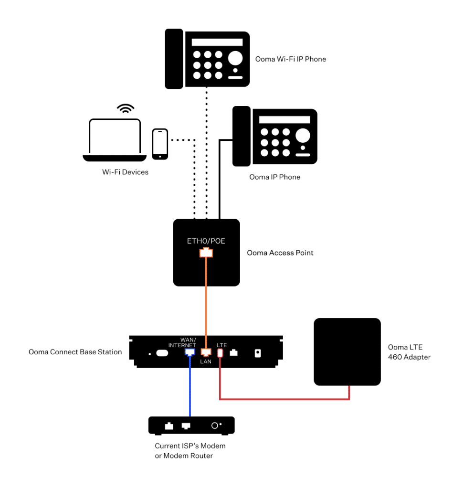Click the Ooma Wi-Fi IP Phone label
click(290, 59)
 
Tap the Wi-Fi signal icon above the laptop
click(126, 109)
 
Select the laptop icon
click(115, 139)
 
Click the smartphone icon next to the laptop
click(160, 144)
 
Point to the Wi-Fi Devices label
click(125, 172)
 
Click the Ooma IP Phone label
click(274, 177)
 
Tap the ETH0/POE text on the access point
click(206, 241)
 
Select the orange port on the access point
click(206, 253)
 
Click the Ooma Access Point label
click(280, 253)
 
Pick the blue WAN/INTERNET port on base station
click(190, 352)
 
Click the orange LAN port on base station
click(206, 352)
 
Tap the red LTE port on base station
click(221, 353)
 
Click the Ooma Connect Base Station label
click(75, 352)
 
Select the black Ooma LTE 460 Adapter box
click(347, 351)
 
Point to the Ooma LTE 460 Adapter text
click(409, 352)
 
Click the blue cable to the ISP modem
click(190, 387)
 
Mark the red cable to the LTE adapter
click(286, 399)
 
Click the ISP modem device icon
click(191, 425)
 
